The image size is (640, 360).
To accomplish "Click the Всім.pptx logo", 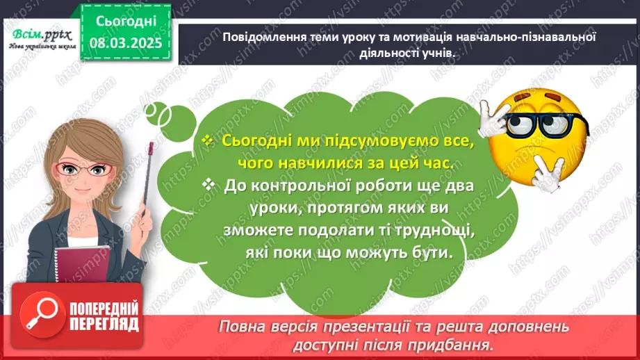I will pyautogui.click(x=38, y=36).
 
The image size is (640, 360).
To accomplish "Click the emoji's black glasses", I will pyautogui.click(x=541, y=124).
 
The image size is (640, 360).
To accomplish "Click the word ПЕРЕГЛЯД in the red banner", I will pyautogui.click(x=104, y=324).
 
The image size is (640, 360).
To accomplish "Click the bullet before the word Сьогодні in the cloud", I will pyautogui.click(x=206, y=140).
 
